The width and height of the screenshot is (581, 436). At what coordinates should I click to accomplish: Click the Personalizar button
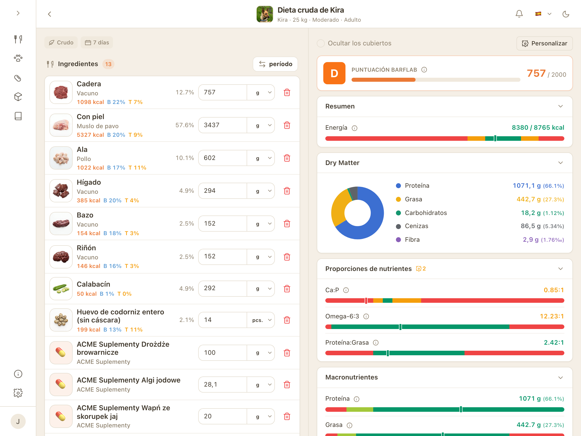pyautogui.click(x=544, y=43)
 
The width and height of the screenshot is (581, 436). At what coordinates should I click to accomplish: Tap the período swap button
pyautogui.click(x=275, y=64)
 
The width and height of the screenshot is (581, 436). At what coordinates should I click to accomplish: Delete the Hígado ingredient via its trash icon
pyautogui.click(x=287, y=191)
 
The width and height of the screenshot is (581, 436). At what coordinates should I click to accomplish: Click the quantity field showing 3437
pyautogui.click(x=222, y=125)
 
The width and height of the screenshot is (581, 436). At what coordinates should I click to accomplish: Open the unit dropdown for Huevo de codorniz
pyautogui.click(x=261, y=320)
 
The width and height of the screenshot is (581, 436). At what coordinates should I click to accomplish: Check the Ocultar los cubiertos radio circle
pyautogui.click(x=321, y=43)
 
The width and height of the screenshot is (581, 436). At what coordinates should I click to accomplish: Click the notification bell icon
pyautogui.click(x=519, y=14)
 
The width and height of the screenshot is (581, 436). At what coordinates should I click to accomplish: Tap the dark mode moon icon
pyautogui.click(x=566, y=14)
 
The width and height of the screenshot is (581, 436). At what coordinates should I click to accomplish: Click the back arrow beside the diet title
pyautogui.click(x=49, y=14)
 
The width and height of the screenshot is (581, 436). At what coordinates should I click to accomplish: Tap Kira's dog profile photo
pyautogui.click(x=265, y=14)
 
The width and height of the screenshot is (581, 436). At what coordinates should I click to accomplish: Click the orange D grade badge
pyautogui.click(x=334, y=73)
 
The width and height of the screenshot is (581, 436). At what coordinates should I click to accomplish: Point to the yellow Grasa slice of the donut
pyautogui.click(x=339, y=208)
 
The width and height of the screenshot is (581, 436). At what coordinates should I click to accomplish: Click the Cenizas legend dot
pyautogui.click(x=398, y=226)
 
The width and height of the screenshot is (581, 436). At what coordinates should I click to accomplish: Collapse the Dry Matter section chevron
pyautogui.click(x=561, y=163)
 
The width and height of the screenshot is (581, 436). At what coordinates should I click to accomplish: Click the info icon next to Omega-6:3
pyautogui.click(x=366, y=316)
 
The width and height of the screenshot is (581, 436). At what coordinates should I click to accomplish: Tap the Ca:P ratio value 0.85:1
pyautogui.click(x=554, y=290)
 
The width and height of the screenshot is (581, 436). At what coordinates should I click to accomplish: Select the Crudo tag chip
pyautogui.click(x=61, y=43)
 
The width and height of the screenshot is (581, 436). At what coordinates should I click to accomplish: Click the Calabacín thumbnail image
pyautogui.click(x=61, y=289)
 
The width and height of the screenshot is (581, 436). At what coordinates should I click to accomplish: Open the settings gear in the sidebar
pyautogui.click(x=18, y=393)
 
